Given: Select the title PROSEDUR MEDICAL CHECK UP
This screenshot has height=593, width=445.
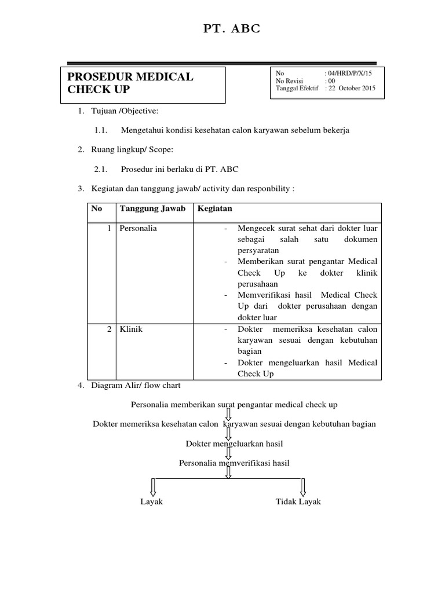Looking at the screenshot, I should pyautogui.click(x=130, y=83).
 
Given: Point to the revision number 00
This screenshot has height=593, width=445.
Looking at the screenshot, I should pyautogui.click(x=331, y=81).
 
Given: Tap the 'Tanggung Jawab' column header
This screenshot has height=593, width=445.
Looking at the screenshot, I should pyautogui.click(x=152, y=208).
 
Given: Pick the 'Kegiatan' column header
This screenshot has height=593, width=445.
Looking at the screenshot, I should pyautogui.click(x=216, y=208).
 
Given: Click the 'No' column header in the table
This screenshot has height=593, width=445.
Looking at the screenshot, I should pyautogui.click(x=96, y=208).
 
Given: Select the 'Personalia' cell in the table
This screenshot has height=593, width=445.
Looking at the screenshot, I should pyautogui.click(x=138, y=228).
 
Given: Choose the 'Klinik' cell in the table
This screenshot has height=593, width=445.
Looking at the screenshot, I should pyautogui.click(x=131, y=329).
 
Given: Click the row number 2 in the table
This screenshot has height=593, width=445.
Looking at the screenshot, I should pyautogui.click(x=109, y=329).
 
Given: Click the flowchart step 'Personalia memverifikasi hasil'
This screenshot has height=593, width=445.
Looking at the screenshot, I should pyautogui.click(x=234, y=463).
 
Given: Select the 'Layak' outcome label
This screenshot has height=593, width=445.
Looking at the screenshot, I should pyautogui.click(x=152, y=502).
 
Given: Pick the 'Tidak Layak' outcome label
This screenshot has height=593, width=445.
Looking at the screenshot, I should pyautogui.click(x=298, y=502).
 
